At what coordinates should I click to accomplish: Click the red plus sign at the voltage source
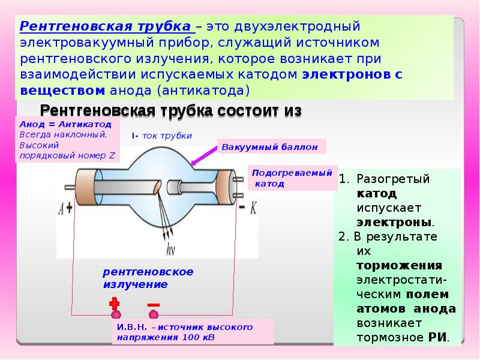(114, 303)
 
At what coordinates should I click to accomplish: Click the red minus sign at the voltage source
(154, 305)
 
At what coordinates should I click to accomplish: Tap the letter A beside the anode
(61, 208)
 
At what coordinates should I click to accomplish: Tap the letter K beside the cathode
(253, 208)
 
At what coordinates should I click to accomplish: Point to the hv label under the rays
(170, 249)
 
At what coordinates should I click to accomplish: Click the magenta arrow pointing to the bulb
(204, 155)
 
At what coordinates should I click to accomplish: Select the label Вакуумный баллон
(269, 147)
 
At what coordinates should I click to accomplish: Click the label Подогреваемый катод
(292, 178)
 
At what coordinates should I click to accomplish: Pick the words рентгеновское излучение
(148, 278)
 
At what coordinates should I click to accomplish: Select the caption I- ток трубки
(162, 136)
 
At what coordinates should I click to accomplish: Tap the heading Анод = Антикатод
(65, 124)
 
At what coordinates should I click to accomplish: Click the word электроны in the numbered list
(394, 222)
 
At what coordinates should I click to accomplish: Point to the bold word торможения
(400, 265)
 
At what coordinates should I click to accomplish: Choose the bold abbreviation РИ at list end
(437, 337)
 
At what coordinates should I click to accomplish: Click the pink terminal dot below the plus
(116, 314)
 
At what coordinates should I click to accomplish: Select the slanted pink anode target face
(157, 187)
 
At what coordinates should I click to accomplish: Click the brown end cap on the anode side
(85, 187)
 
